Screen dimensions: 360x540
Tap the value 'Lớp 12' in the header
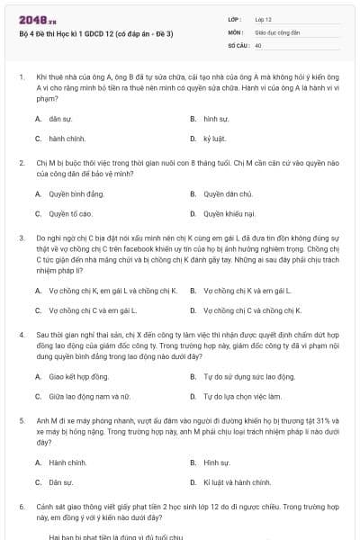pos(264,19)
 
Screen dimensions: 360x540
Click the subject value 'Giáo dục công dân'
pos(276,31)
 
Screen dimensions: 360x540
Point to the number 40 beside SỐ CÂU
pos(258,44)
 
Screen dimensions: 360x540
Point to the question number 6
pos(21,507)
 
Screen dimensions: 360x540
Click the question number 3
pos(21,236)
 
